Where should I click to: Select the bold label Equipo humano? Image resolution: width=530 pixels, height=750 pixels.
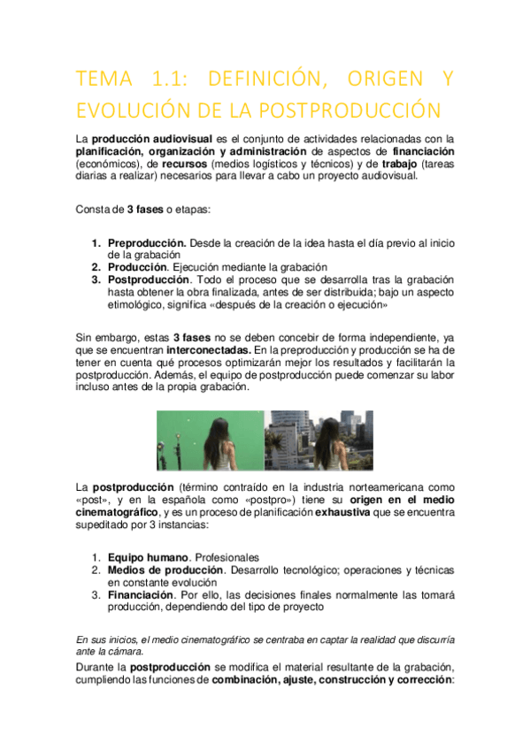point(148,557)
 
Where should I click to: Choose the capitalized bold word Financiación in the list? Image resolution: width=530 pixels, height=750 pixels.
point(140,595)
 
